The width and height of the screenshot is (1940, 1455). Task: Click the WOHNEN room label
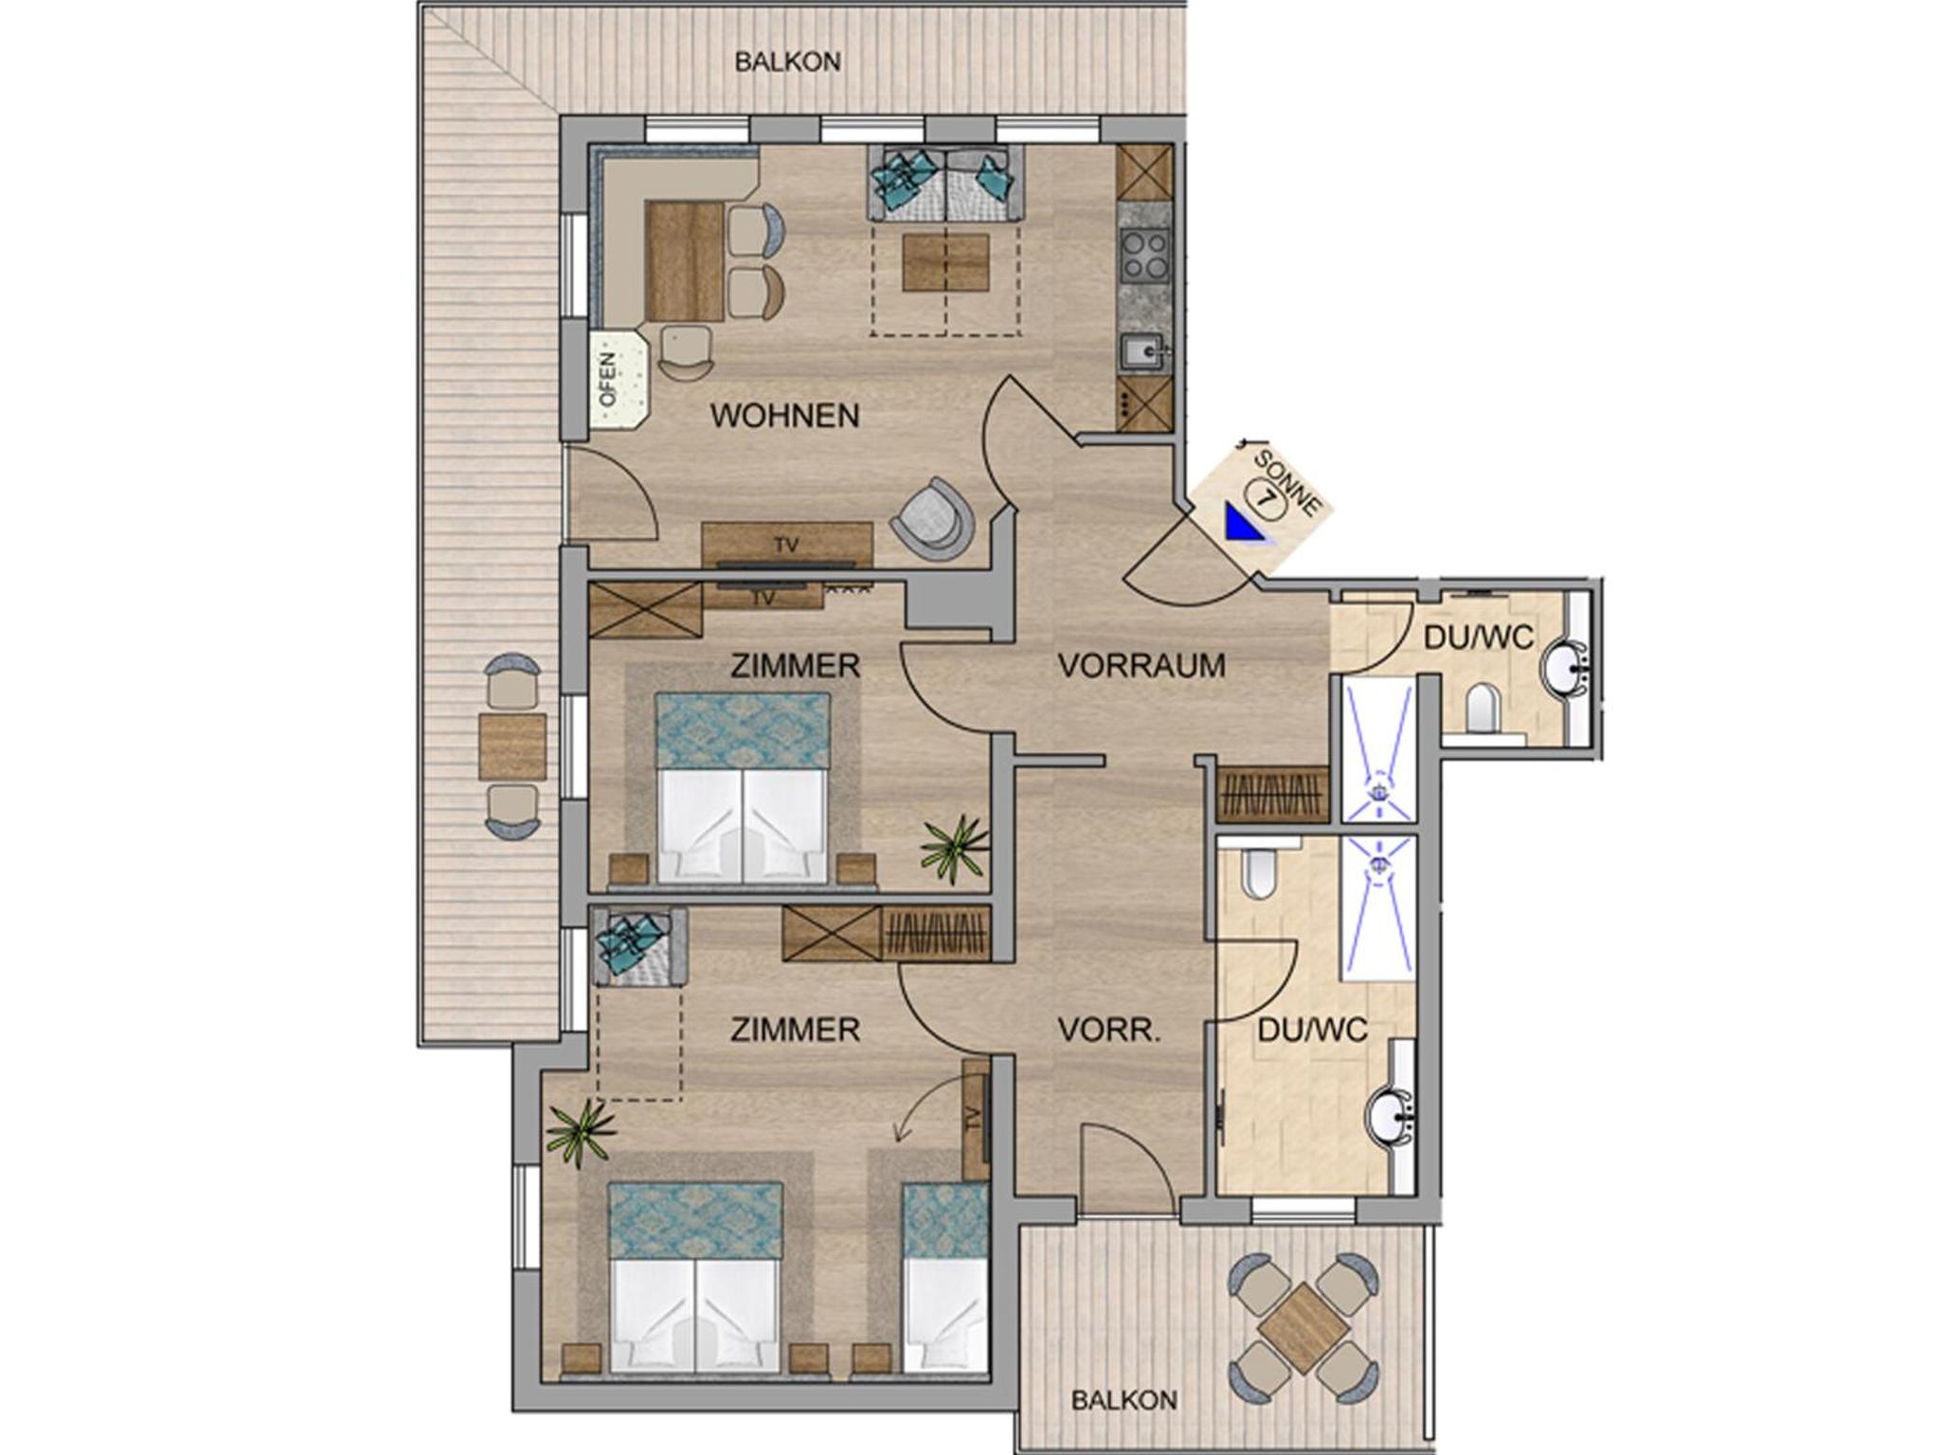point(785,416)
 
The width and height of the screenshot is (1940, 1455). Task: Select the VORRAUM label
point(1141,666)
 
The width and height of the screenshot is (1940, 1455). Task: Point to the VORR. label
point(1108,1030)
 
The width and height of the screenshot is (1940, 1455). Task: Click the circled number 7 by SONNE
point(1266,497)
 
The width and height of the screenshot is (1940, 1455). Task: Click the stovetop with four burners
point(1144,255)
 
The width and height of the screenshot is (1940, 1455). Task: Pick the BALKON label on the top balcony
point(788,62)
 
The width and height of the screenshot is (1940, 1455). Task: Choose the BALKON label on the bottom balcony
point(1124,1400)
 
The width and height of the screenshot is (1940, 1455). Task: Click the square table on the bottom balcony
point(1302,1328)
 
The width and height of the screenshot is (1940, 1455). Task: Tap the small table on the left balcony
point(512,746)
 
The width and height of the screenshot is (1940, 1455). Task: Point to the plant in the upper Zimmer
point(955,848)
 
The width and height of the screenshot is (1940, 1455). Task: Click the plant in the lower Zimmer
point(580,1133)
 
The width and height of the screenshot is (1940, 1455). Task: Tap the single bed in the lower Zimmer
point(945,1277)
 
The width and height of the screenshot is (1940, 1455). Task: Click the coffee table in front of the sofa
point(945,262)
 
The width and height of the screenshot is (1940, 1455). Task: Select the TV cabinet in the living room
point(787,545)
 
